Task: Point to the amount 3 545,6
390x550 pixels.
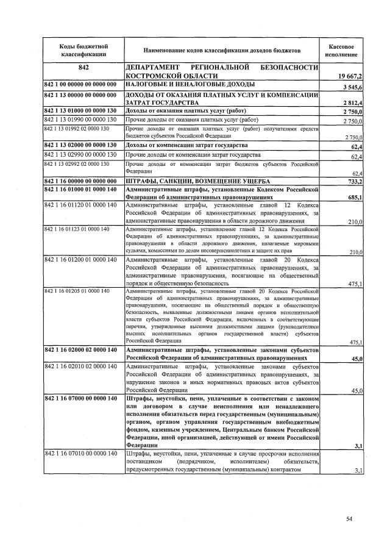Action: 353,88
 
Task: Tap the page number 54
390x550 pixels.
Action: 349,519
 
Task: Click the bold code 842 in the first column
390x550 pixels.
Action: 84,67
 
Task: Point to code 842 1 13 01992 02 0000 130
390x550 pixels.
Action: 76,129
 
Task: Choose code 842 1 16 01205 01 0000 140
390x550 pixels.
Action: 76,291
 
